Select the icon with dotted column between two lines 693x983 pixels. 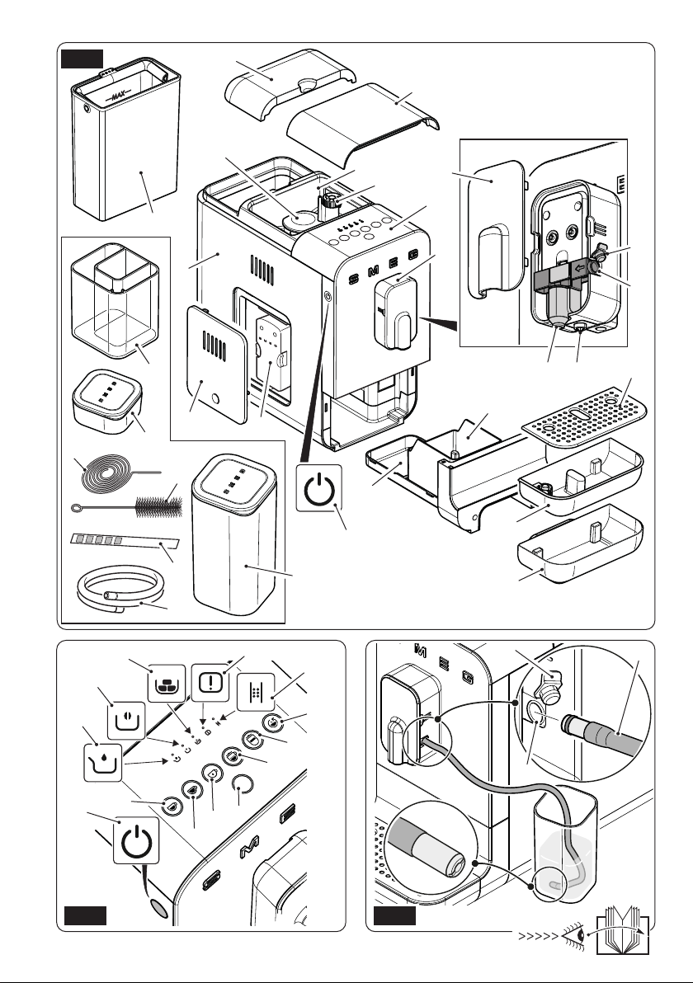point(257,691)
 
